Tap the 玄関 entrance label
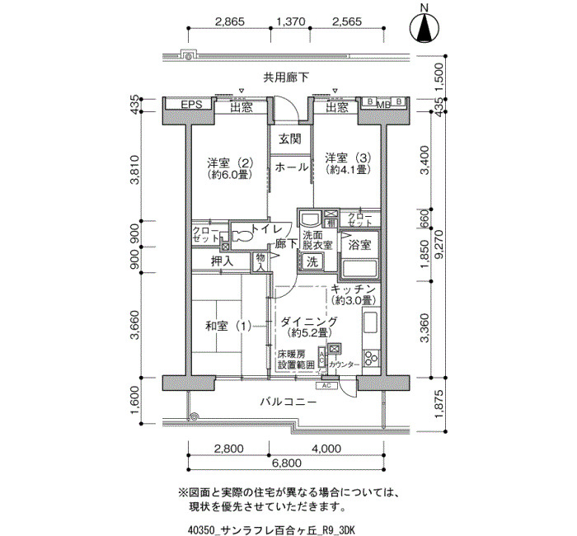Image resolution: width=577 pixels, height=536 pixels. (x=289, y=139)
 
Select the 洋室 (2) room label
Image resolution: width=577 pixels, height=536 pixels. (x=230, y=162)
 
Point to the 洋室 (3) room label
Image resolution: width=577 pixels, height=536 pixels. (x=348, y=158)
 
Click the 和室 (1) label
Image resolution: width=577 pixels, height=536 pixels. (x=228, y=327)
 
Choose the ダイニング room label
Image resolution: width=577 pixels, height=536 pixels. (x=308, y=322)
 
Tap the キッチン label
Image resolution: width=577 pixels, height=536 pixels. (x=353, y=289)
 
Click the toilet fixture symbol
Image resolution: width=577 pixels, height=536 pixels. (x=242, y=236)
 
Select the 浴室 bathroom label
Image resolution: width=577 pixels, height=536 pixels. (x=359, y=245)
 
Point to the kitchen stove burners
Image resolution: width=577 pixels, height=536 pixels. (x=371, y=357)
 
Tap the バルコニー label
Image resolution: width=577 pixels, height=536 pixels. (x=288, y=402)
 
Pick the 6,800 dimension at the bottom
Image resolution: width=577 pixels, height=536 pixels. (x=287, y=463)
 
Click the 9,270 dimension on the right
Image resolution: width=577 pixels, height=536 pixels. (x=439, y=244)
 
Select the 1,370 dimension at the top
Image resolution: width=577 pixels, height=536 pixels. (x=291, y=21)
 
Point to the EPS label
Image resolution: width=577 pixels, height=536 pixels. (x=191, y=105)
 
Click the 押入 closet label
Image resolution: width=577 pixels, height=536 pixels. (x=222, y=261)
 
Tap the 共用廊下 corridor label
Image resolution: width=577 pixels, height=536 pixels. (x=286, y=78)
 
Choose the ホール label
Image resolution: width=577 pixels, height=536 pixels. (x=292, y=167)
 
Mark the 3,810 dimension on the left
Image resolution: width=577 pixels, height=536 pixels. (x=136, y=170)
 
